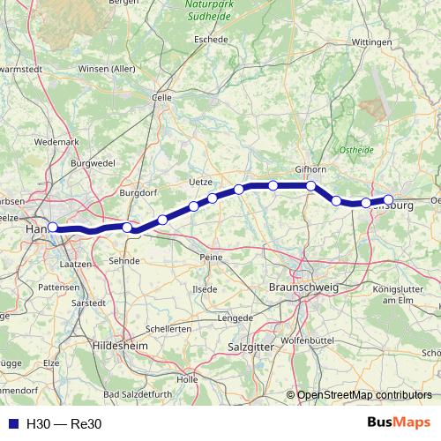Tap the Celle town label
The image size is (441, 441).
(x=161, y=98)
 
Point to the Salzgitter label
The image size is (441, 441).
(x=250, y=348)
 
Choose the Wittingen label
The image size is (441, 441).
(x=371, y=41)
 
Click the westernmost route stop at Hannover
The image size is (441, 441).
(x=53, y=227)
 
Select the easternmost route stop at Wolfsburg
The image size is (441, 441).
(x=389, y=199)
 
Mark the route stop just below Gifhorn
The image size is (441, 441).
(x=311, y=185)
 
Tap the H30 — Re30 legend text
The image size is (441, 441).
(x=64, y=423)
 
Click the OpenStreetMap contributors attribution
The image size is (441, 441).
(x=364, y=394)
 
